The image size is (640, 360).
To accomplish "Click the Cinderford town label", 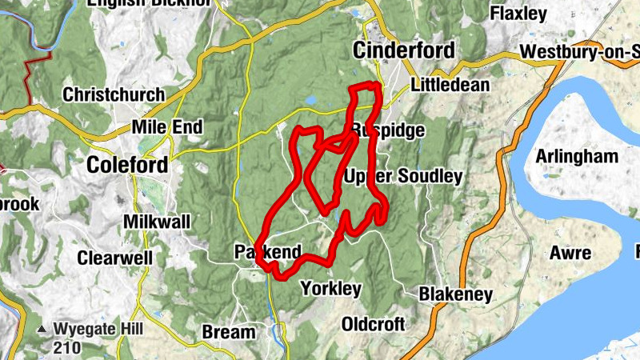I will (x=404, y=51).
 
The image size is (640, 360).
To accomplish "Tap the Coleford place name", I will (x=128, y=165).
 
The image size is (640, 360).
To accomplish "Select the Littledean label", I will (x=449, y=85).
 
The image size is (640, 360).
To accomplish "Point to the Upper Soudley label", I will (x=403, y=176).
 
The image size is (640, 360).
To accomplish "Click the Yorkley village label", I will (x=330, y=289).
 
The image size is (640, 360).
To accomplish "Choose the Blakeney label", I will (x=455, y=294).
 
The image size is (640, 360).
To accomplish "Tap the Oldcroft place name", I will (x=373, y=324).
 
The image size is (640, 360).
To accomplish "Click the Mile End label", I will (x=167, y=127).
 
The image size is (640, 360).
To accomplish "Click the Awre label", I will (x=570, y=254).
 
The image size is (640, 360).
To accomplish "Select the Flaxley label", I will (x=518, y=14).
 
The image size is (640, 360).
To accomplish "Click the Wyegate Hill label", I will (x=99, y=329).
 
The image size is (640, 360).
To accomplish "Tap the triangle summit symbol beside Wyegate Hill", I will (x=41, y=329).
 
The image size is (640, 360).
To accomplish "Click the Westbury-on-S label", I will (x=578, y=53).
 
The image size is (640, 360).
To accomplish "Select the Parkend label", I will (x=268, y=252).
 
